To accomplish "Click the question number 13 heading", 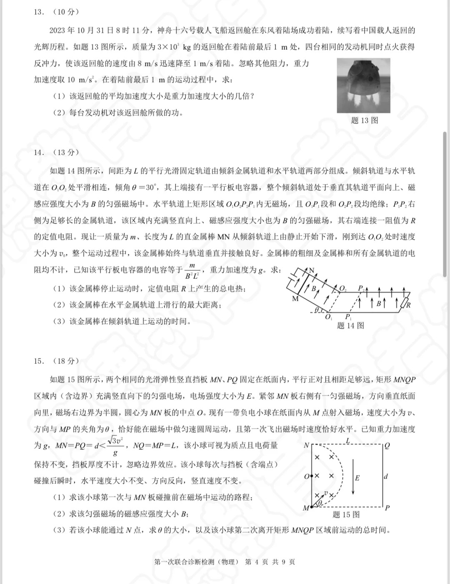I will [39, 12].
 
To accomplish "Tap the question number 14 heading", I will [39, 152].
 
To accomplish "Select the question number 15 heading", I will [39, 361].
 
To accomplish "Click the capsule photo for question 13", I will [363, 85].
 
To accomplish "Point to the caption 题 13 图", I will [365, 121].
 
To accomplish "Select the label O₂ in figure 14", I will [343, 289].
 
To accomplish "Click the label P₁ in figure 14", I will [348, 317].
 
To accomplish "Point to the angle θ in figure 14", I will [316, 310].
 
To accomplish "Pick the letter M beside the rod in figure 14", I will [295, 299].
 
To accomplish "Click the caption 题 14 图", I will [350, 325].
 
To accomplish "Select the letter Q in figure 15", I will [387, 446].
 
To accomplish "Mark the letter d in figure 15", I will [386, 476].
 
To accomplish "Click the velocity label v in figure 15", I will [325, 493].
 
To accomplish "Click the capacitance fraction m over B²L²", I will [192, 271].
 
